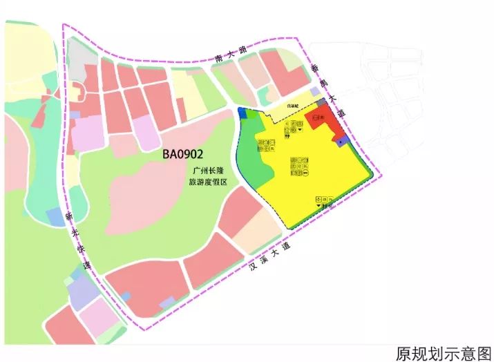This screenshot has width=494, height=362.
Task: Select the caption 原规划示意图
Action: click(x=443, y=353)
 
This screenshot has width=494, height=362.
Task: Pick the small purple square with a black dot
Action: click(x=341, y=140)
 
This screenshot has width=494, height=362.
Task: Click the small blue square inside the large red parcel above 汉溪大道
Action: click(x=167, y=303)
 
